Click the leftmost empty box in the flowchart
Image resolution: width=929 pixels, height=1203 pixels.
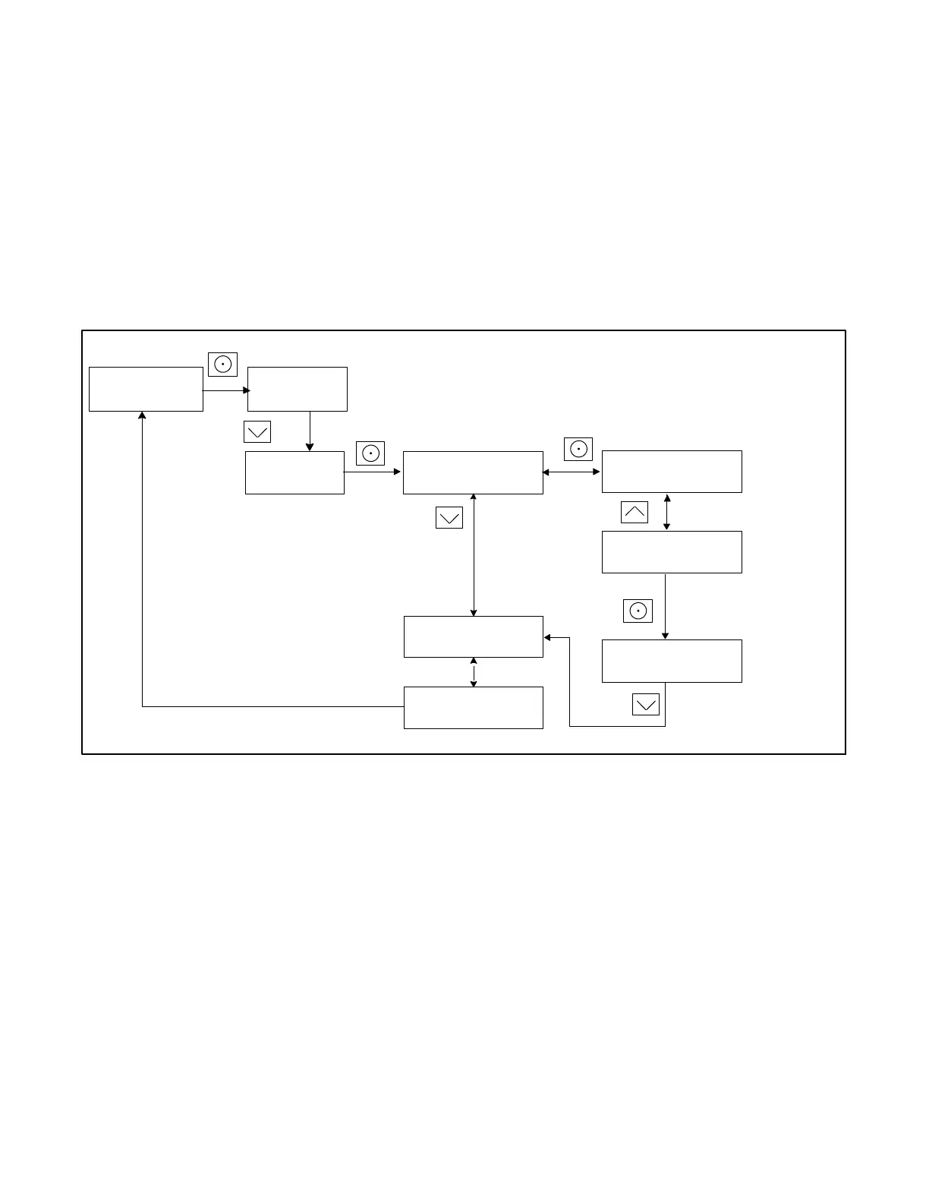pyautogui.click(x=146, y=390)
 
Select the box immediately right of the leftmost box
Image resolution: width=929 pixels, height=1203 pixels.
pyautogui.click(x=298, y=390)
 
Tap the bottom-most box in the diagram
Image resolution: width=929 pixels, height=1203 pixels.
pyautogui.click(x=473, y=708)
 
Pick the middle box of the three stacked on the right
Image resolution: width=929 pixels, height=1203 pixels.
pyautogui.click(x=672, y=552)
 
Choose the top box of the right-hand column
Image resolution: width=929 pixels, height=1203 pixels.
pyautogui.click(x=672, y=472)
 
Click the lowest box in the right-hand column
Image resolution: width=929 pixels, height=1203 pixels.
pyautogui.click(x=672, y=661)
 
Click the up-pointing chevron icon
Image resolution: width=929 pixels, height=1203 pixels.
pyautogui.click(x=635, y=513)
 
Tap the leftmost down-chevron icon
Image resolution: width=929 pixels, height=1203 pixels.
pyautogui.click(x=257, y=432)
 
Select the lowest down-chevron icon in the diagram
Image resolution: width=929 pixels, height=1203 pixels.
pyautogui.click(x=646, y=705)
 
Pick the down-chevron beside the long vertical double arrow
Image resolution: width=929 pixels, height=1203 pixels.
pyautogui.click(x=449, y=518)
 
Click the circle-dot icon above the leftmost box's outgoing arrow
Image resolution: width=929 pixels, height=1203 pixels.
pyautogui.click(x=222, y=365)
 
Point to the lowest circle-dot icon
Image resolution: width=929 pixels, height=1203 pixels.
pyautogui.click(x=638, y=611)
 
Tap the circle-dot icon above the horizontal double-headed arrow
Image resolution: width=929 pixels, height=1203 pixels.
pyautogui.click(x=578, y=449)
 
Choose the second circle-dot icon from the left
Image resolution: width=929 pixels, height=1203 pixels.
pyautogui.click(x=370, y=453)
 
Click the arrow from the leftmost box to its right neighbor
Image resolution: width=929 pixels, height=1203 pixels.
pyautogui.click(x=225, y=390)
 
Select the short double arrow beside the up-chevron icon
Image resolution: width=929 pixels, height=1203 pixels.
pyautogui.click(x=667, y=513)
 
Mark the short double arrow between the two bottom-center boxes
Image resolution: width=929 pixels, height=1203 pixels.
pyautogui.click(x=474, y=672)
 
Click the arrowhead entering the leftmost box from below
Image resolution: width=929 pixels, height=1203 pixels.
pyautogui.click(x=142, y=415)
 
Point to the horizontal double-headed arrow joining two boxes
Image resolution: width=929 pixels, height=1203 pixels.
pyautogui.click(x=572, y=472)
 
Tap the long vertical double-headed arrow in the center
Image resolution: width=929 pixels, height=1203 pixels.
pyautogui.click(x=474, y=555)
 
